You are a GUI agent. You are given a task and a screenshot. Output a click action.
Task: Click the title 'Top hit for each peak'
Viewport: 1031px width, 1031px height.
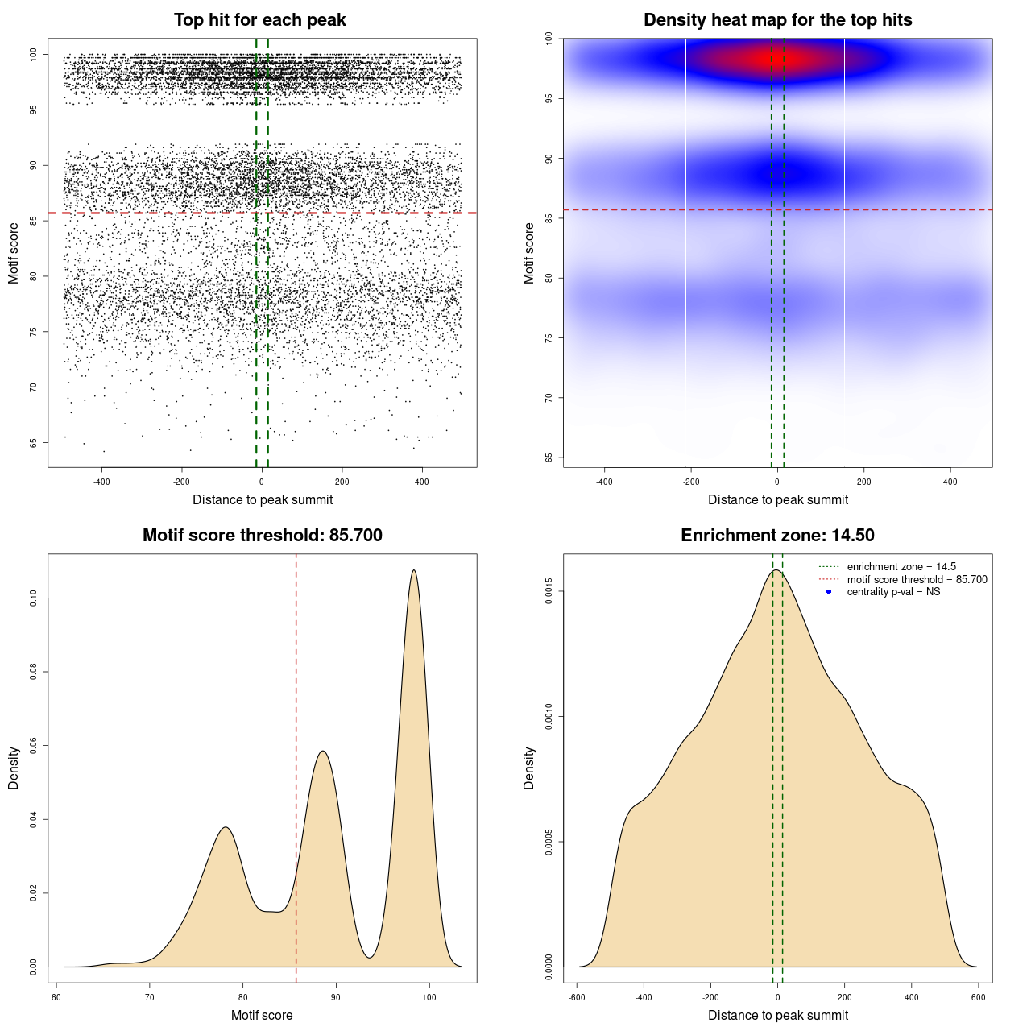260,20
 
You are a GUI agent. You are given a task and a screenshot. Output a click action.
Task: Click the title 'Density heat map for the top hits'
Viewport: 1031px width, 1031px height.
777,20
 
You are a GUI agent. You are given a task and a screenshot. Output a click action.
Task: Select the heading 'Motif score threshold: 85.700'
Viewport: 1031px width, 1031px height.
262,536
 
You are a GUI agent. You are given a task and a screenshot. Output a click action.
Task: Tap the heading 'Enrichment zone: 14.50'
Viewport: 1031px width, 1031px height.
777,536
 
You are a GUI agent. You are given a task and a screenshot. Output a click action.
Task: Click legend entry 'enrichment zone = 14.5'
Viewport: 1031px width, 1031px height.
901,567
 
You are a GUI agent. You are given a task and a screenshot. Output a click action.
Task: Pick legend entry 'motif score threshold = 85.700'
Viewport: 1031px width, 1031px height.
917,580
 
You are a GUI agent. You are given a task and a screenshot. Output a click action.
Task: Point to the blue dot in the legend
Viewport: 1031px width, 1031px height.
829,592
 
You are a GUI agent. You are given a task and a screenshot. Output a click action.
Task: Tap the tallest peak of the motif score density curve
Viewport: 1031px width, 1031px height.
414,571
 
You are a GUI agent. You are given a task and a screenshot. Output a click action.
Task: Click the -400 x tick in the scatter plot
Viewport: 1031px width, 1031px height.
102,482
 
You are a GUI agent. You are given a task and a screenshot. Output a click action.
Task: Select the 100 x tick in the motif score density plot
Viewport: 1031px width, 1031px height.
429,998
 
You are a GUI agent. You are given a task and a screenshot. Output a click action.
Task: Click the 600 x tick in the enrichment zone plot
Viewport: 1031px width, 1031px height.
979,998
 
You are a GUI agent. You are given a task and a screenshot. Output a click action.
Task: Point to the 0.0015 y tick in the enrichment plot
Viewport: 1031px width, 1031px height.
549,591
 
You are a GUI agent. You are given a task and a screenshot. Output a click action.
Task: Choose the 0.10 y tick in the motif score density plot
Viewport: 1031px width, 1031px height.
33,598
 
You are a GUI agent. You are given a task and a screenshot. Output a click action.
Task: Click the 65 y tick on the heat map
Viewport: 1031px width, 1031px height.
549,458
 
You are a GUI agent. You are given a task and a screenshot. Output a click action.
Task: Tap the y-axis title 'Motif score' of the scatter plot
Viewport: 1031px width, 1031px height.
14,253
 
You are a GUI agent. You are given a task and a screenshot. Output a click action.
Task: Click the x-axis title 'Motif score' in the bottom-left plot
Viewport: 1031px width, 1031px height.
262,1016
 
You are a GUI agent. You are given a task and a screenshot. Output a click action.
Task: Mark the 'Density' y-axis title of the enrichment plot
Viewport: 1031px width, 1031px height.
529,768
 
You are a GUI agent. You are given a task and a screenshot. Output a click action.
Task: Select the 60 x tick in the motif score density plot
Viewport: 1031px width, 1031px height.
56,998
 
